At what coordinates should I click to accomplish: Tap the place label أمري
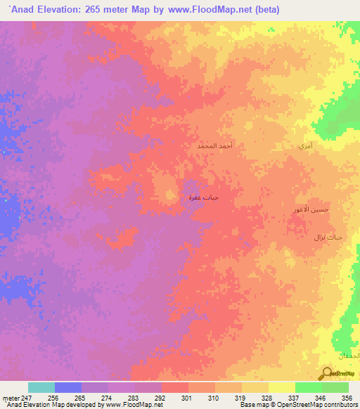pos(304,146)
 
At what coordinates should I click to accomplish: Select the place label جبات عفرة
pos(203,197)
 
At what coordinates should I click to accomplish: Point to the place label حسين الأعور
pos(311,209)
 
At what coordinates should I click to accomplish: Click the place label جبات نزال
pos(328,238)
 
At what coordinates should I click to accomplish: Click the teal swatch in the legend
pos(41,387)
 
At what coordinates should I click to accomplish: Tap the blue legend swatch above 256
pos(68,387)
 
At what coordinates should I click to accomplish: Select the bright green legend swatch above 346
pos(308,387)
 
